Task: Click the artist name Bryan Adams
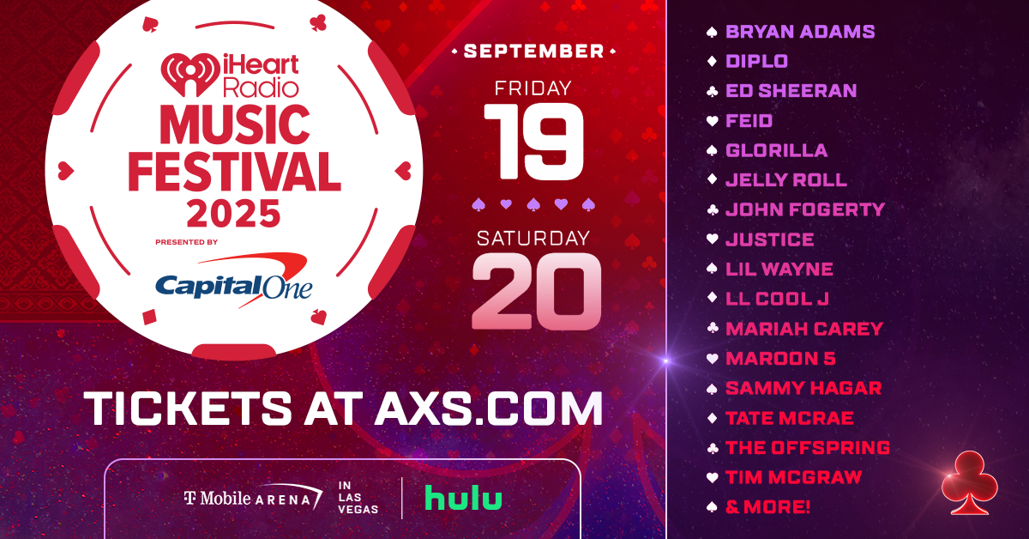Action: point(799,32)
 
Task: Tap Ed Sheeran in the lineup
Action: point(791,91)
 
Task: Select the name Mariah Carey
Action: point(803,329)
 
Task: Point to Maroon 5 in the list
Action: point(780,359)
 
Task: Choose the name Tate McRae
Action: point(789,418)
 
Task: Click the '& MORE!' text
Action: point(767,507)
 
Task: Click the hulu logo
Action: point(463,499)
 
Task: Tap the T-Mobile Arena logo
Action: point(253,498)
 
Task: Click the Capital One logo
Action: point(233,282)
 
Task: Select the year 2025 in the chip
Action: point(233,210)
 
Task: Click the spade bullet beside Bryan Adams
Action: point(710,32)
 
